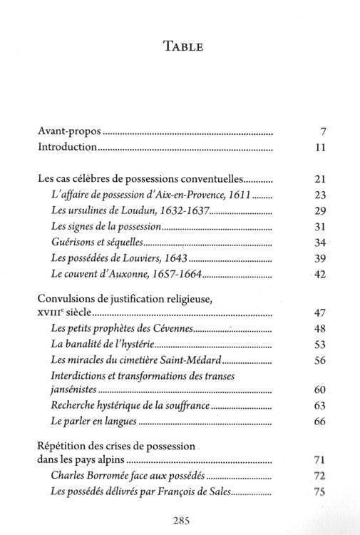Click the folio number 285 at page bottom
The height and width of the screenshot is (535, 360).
(x=182, y=519)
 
